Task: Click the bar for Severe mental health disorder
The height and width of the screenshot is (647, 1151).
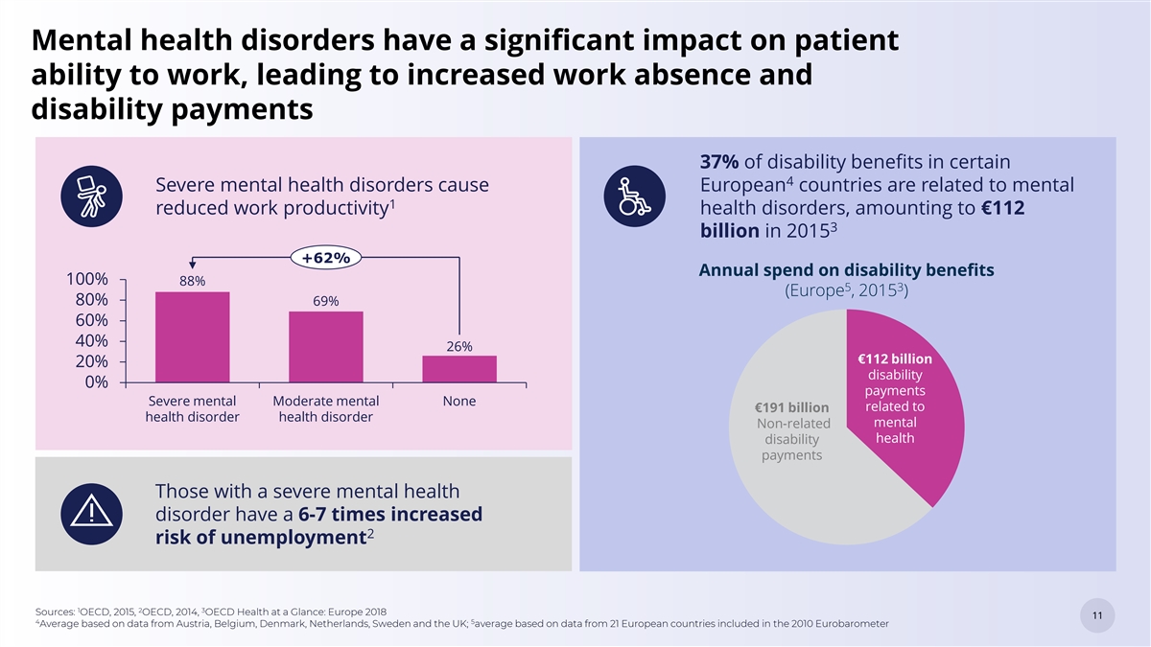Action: [192, 337]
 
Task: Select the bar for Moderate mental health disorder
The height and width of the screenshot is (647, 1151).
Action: [326, 347]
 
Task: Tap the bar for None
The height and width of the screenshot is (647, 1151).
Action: [459, 369]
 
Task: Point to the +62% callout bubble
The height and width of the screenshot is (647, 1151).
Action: [325, 257]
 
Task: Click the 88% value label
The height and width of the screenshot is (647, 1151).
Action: [193, 281]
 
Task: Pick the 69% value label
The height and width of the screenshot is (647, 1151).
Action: [325, 301]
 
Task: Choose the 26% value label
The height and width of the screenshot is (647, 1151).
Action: [459, 345]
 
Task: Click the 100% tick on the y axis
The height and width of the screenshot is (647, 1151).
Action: [88, 280]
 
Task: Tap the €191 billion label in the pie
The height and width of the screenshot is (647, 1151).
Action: [792, 408]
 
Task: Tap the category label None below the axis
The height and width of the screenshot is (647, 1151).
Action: [459, 401]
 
